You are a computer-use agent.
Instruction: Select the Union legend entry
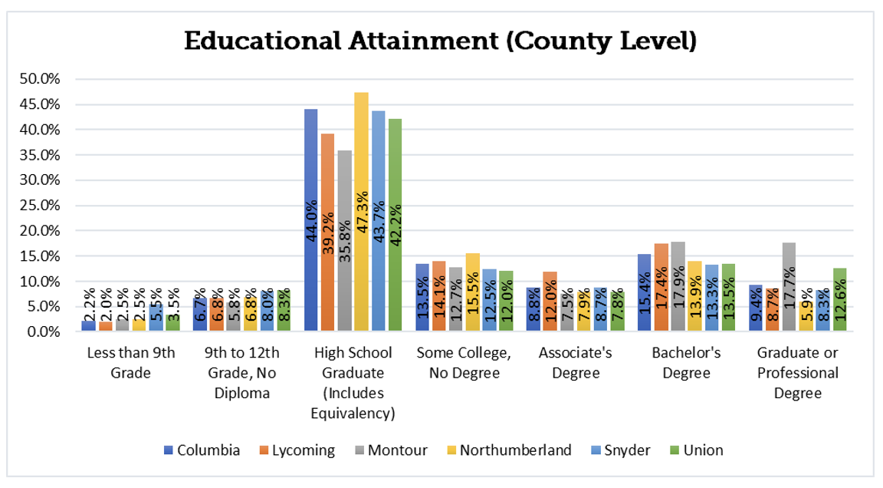(695, 450)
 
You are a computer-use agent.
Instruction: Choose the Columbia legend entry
(202, 450)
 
